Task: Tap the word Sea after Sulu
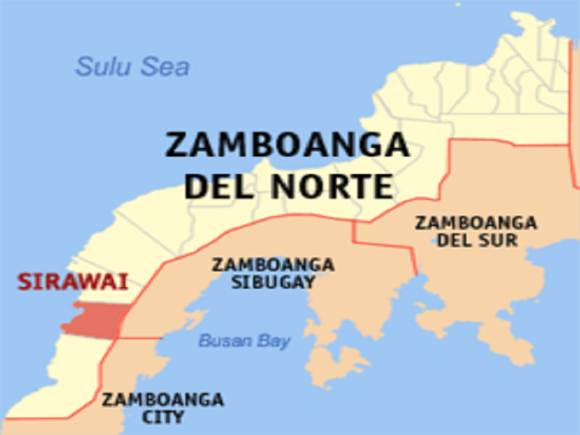pos(164,67)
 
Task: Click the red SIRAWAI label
pos(72,281)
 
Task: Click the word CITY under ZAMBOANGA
pos(162,417)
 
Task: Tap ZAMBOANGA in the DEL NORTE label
pos(287,145)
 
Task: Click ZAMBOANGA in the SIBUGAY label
pos(273,265)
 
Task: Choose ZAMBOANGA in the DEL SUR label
pos(476,223)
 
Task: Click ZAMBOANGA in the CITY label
pos(162,399)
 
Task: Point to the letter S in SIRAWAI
pos(25,281)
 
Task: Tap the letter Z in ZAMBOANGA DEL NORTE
pos(176,145)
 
